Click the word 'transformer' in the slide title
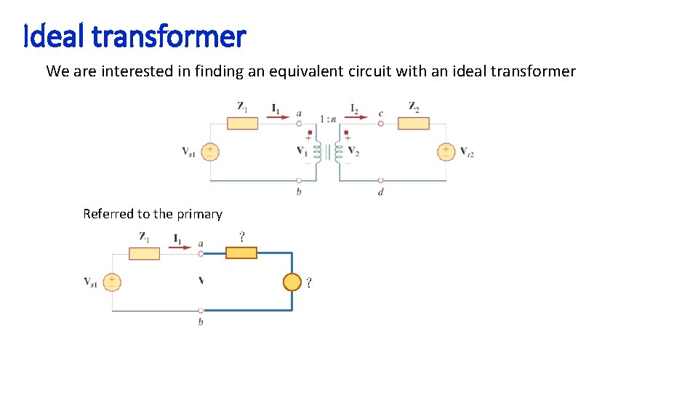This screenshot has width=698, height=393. tap(169, 36)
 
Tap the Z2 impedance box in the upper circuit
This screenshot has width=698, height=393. tap(413, 122)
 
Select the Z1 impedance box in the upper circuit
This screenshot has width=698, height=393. tap(242, 122)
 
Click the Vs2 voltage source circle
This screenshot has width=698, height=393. tap(446, 151)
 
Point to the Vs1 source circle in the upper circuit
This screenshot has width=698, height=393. tap(210, 151)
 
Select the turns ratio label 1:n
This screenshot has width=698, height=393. tap(328, 119)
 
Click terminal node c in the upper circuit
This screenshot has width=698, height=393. tap(380, 122)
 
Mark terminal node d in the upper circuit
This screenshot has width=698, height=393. tap(380, 180)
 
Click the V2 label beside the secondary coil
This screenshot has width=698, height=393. tap(353, 152)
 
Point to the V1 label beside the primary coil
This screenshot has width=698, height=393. tap(302, 151)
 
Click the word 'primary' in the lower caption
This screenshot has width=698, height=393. tap(198, 214)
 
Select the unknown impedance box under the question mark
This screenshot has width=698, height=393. tap(241, 253)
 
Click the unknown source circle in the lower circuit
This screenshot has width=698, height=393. tap(292, 282)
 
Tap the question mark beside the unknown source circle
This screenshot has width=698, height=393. tap(309, 282)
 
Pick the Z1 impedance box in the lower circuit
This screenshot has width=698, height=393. tap(144, 253)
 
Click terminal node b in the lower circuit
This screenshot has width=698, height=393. tap(201, 311)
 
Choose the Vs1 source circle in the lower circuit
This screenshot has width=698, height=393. tap(112, 282)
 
